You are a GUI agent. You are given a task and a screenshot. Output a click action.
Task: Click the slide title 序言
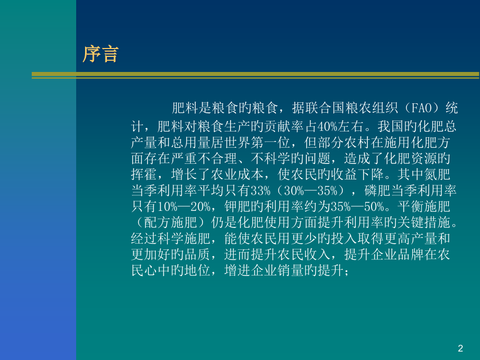tap(101, 54)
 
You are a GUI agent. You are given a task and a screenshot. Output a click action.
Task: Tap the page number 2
tap(460, 348)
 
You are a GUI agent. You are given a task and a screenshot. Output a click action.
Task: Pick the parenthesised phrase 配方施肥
tap(169, 222)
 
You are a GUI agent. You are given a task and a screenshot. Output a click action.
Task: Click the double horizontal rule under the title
tap(255, 75)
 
